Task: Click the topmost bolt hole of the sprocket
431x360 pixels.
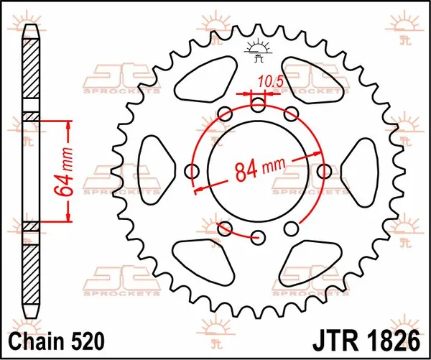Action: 259,105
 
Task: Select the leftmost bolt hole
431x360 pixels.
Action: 193,171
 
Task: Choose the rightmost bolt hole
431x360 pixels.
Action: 325,171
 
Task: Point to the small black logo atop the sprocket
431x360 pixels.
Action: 259,49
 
